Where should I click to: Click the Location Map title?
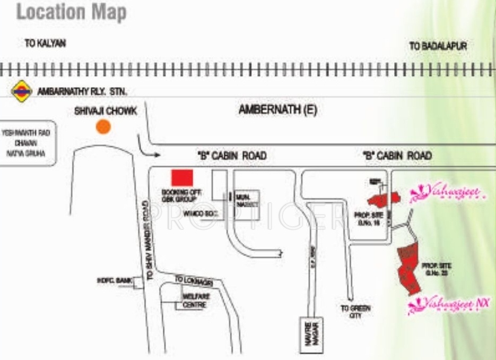[x=72, y=13]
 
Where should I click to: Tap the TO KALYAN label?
[x=45, y=44]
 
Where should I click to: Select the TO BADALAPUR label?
[x=438, y=46]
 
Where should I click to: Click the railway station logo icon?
[x=22, y=91]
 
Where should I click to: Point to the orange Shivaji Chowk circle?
[x=103, y=126]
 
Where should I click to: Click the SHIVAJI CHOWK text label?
[x=106, y=111]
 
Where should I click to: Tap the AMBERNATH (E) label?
[x=271, y=110]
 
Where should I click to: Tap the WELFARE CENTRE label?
[x=194, y=301]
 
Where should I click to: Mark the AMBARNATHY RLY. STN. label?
[x=82, y=91]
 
